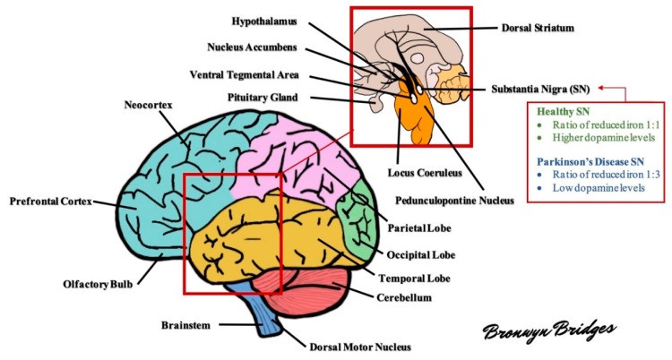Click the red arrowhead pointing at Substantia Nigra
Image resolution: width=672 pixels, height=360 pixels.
[602, 89]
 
